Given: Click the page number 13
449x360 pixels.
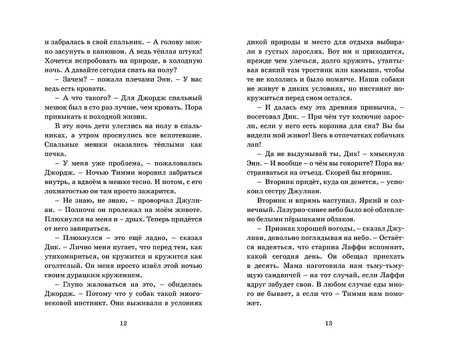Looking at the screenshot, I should (328, 323).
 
